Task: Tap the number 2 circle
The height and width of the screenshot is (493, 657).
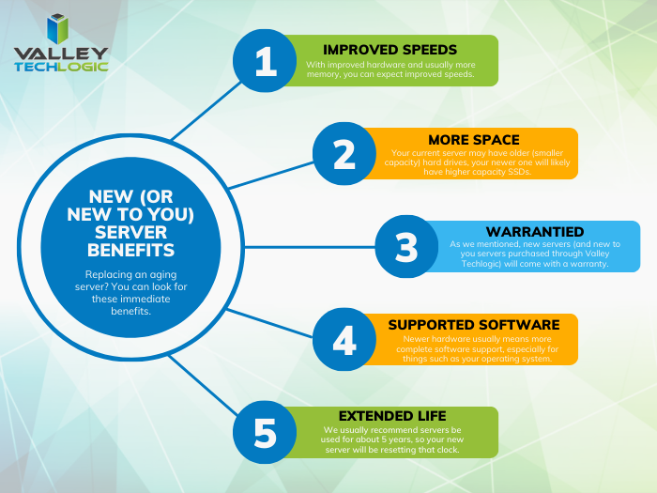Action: (x=344, y=153)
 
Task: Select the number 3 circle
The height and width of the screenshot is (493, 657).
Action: (x=405, y=247)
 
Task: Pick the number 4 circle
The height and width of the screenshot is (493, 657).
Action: (x=344, y=340)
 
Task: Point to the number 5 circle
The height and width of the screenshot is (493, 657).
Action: (x=266, y=433)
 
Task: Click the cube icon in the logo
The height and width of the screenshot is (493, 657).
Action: (x=59, y=29)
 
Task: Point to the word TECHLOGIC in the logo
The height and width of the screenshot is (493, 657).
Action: (x=61, y=68)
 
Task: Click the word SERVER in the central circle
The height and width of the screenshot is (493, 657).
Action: (x=130, y=234)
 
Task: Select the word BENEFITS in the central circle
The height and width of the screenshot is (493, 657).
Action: (x=130, y=251)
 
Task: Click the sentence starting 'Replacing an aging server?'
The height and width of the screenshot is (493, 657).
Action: (x=130, y=292)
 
